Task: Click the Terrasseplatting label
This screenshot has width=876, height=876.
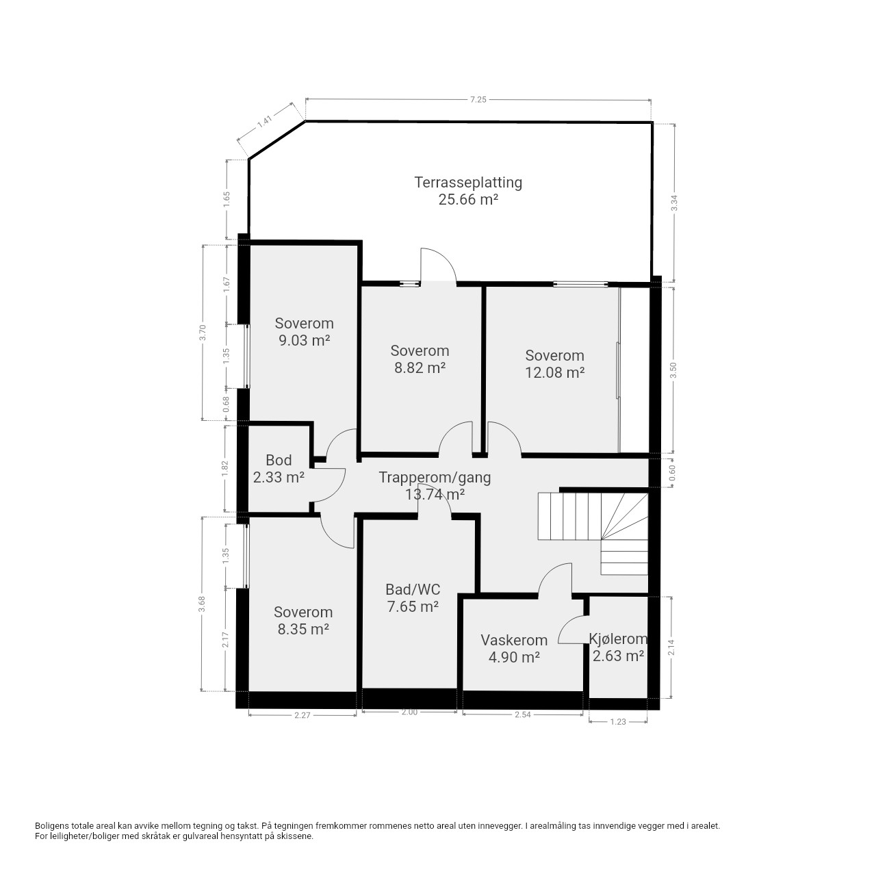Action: pos(468,183)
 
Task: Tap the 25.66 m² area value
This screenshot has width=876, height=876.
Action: pos(468,200)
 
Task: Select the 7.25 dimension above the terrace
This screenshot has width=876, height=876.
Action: pos(478,99)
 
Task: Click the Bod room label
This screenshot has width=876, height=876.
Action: pos(279,460)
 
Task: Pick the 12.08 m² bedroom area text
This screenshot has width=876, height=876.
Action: pos(554,373)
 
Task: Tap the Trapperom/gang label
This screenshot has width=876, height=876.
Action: pos(435,477)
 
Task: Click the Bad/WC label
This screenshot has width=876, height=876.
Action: pos(413,590)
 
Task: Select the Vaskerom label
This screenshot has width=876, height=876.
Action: pos(514,640)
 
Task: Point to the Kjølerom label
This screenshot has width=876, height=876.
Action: pos(618,639)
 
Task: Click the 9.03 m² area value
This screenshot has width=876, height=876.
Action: pos(304,341)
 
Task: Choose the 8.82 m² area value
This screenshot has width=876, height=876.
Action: pos(420,368)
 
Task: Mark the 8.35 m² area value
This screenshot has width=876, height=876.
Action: pos(303,629)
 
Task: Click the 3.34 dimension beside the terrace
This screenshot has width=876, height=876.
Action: pos(674,203)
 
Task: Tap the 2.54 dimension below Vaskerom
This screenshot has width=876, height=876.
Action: pos(523,714)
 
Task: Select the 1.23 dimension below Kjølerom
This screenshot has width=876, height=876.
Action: pos(618,721)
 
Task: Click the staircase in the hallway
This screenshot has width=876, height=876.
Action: pos(593,532)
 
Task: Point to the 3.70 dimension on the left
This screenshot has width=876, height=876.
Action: pos(203,333)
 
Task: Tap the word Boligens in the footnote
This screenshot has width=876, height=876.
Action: pos(52,825)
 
